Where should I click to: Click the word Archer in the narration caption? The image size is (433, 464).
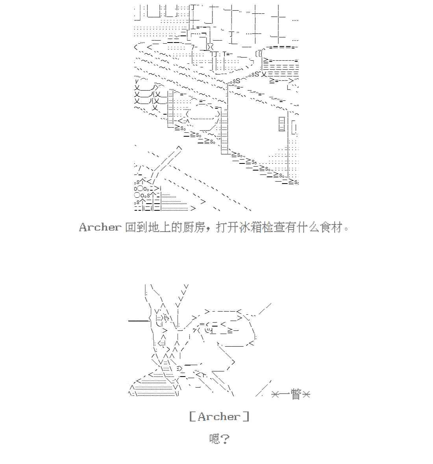tap(100, 227)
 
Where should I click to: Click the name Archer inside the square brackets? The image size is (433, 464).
tap(219, 417)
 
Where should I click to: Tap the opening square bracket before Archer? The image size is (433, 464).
tap(192, 417)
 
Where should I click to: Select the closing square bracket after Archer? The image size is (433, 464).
tap(246, 417)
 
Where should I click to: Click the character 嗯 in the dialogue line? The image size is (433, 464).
tap(215, 438)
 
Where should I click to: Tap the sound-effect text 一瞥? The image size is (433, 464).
tap(291, 394)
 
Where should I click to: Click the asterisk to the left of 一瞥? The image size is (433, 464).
tap(275, 394)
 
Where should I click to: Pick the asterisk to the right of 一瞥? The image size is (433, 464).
tap(306, 394)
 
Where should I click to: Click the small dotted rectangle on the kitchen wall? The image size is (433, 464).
tap(282, 124)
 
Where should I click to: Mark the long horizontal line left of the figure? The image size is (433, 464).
tap(139, 321)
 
